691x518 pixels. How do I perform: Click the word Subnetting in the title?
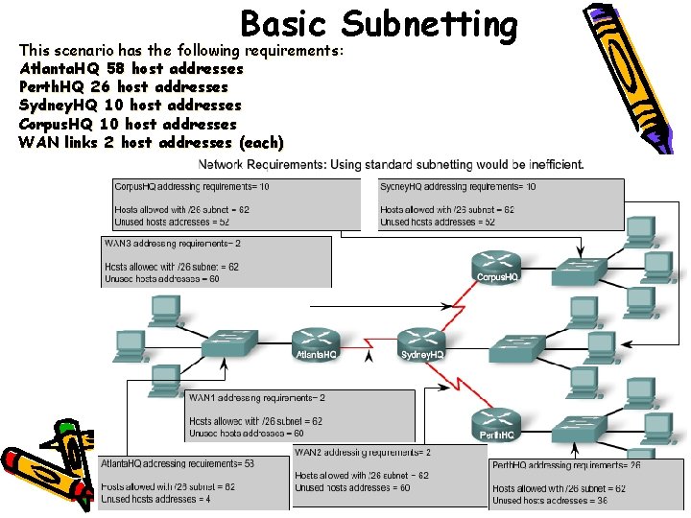tap(429, 25)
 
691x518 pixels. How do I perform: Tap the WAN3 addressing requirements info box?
tap(216, 261)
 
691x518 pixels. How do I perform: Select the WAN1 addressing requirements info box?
tap(299, 414)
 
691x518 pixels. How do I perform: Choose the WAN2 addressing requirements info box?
tap(389, 470)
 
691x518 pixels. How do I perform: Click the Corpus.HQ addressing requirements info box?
tap(235, 204)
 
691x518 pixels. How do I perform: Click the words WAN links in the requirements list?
tap(55, 143)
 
